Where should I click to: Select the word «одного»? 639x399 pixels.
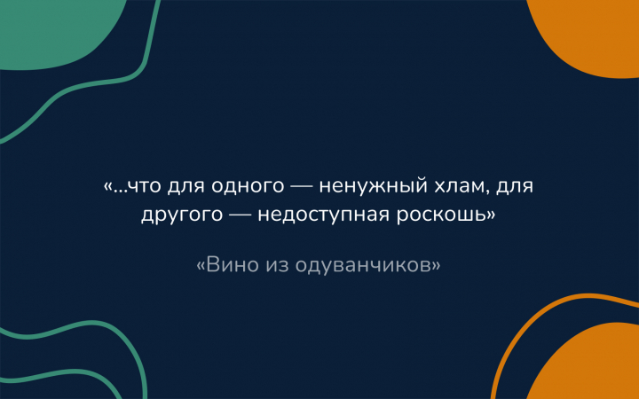[x=248, y=188]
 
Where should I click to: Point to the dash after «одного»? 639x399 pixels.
[x=302, y=187]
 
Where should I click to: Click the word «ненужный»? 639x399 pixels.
[x=373, y=188]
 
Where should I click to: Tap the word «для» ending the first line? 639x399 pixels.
[x=515, y=188]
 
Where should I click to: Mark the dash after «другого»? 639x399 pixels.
[x=241, y=215]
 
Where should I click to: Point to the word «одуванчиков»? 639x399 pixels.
[x=363, y=267]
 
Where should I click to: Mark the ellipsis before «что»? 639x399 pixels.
[x=120, y=192]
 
